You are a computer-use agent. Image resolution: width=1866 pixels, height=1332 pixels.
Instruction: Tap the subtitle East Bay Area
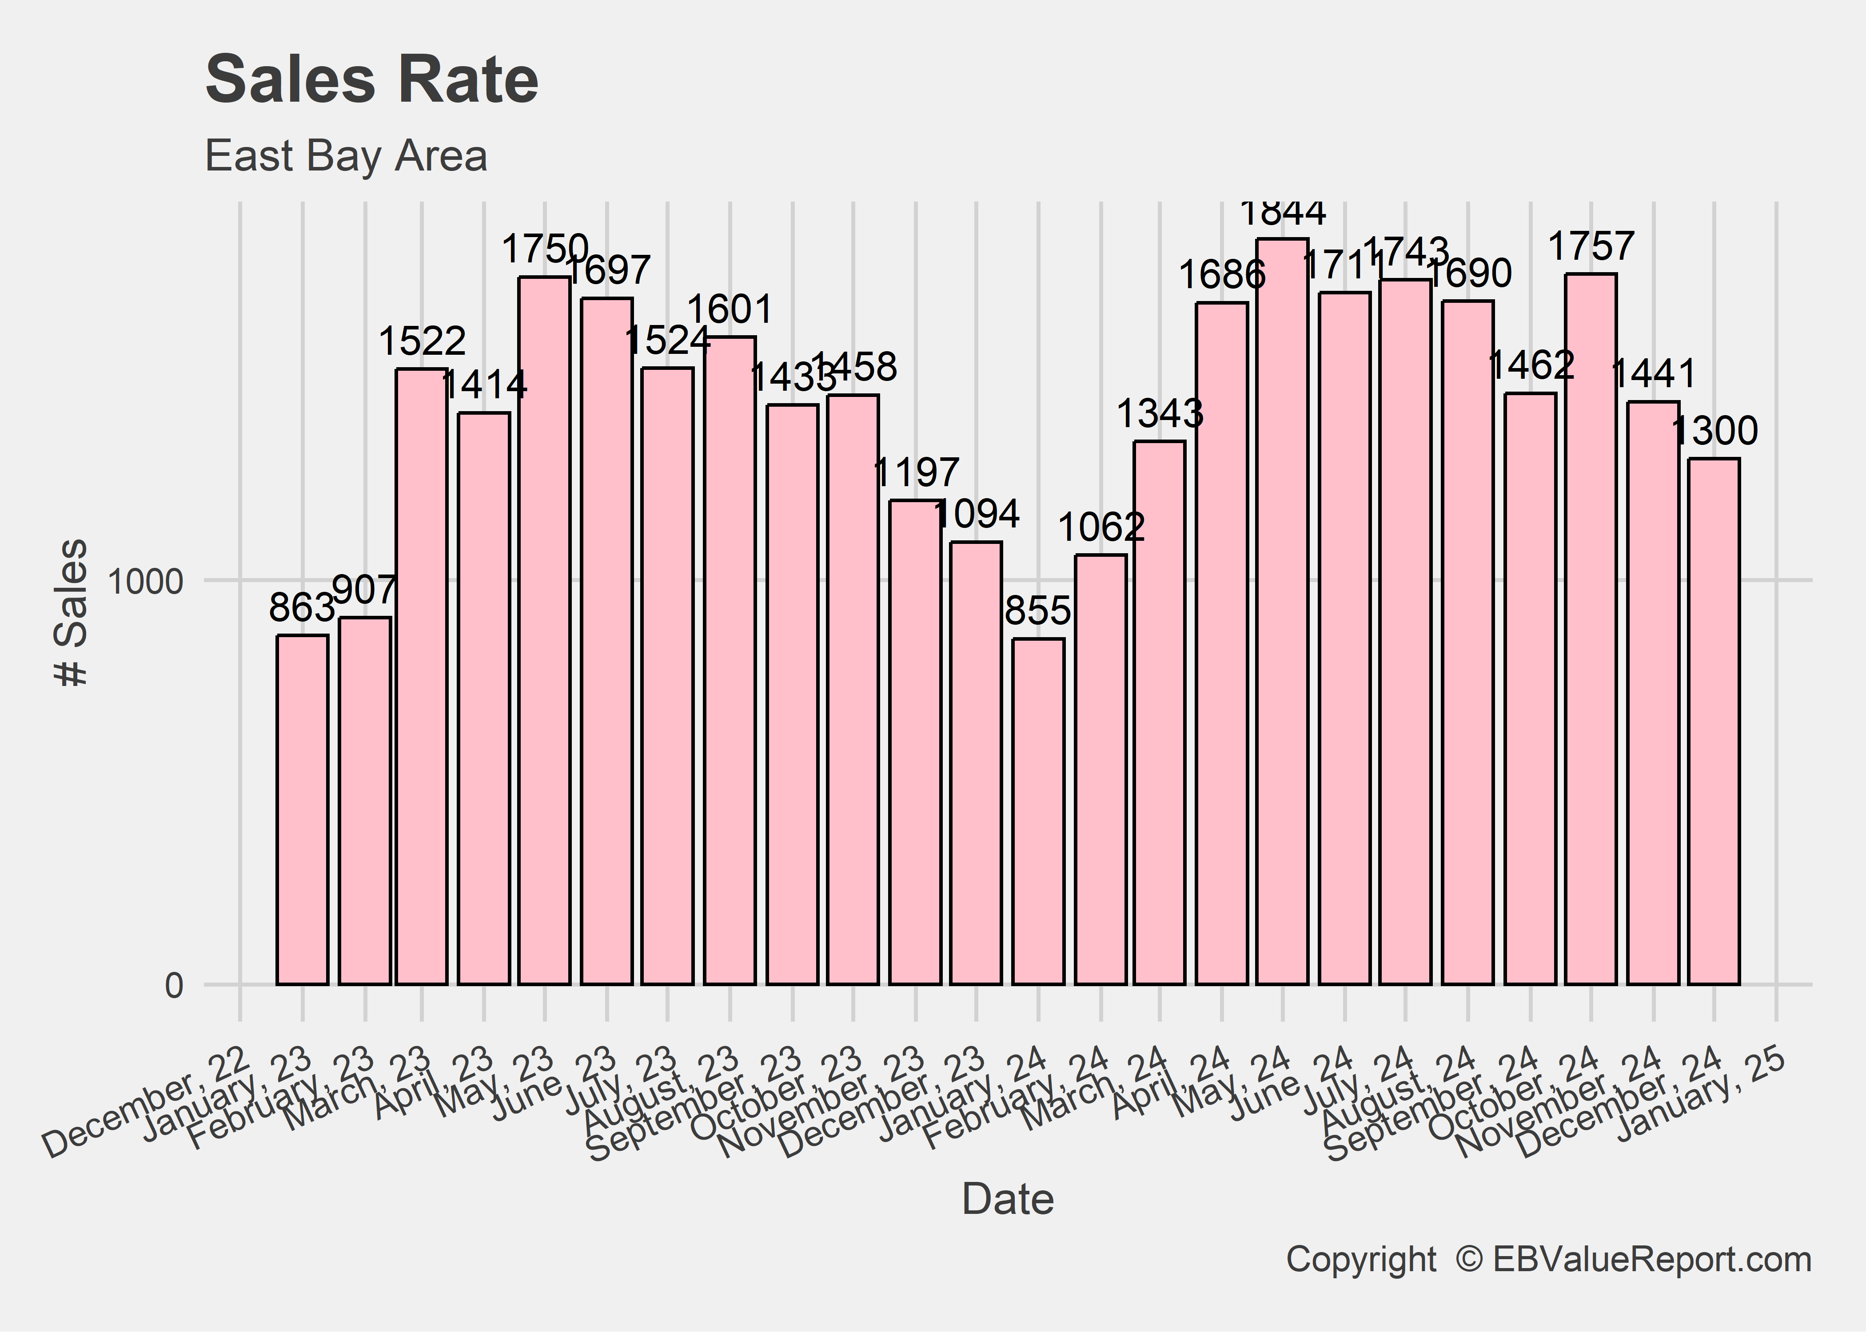[346, 156]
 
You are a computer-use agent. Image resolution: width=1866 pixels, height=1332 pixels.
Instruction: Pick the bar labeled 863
[302, 809]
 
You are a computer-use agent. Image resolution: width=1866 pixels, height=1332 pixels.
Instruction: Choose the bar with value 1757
[1591, 629]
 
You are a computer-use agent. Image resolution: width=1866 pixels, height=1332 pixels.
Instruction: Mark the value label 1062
[1100, 527]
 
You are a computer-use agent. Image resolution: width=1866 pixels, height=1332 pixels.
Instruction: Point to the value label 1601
[730, 309]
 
